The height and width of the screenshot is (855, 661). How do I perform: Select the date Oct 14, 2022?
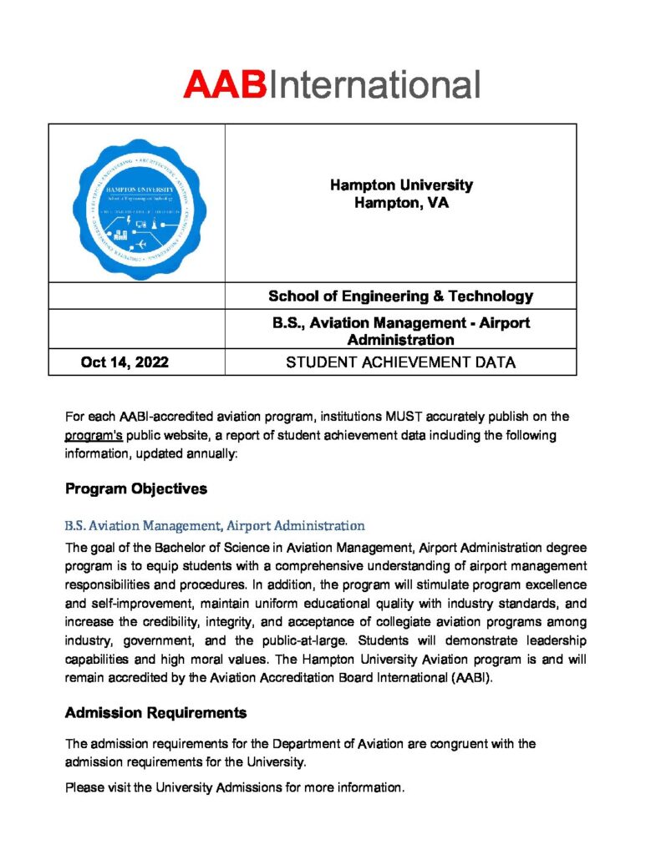click(x=125, y=362)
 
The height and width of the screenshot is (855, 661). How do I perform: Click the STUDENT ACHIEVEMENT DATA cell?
click(x=400, y=362)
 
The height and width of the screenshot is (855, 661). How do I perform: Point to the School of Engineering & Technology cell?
click(x=400, y=296)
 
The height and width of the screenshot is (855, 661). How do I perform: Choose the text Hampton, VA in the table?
click(x=400, y=202)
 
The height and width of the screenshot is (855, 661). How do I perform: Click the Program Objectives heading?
click(x=136, y=488)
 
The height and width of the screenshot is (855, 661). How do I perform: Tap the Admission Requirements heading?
click(x=155, y=712)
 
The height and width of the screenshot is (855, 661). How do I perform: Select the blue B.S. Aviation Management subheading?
click(x=215, y=526)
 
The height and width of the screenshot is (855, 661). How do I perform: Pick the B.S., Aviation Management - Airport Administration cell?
click(x=400, y=331)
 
